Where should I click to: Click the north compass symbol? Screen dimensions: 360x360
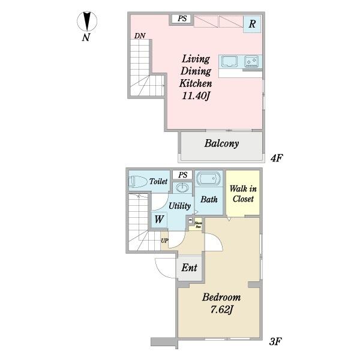click(x=87, y=22)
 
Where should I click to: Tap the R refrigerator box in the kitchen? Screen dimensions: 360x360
click(x=253, y=24)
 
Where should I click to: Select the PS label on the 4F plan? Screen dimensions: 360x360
click(x=182, y=19)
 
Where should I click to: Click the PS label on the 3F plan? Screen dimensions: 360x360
click(x=182, y=175)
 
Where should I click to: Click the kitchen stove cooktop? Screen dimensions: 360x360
click(x=251, y=61)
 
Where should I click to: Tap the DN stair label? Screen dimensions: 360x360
click(x=140, y=36)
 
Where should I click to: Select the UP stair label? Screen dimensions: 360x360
click(x=164, y=241)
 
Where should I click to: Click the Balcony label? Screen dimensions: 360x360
click(x=221, y=143)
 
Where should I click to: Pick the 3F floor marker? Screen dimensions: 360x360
click(x=276, y=342)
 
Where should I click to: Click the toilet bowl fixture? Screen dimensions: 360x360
click(x=137, y=181)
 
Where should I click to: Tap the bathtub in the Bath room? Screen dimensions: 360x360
click(x=209, y=179)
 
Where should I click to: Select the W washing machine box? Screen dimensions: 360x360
click(x=158, y=219)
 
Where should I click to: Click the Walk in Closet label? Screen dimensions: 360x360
click(x=242, y=194)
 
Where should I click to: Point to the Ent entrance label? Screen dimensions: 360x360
click(x=189, y=268)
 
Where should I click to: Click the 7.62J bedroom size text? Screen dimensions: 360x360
click(x=221, y=310)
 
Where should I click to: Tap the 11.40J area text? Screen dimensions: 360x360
click(x=196, y=95)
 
